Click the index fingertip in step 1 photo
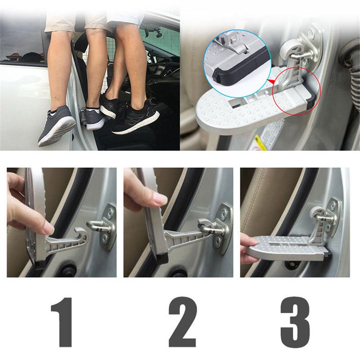coord(48,228)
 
